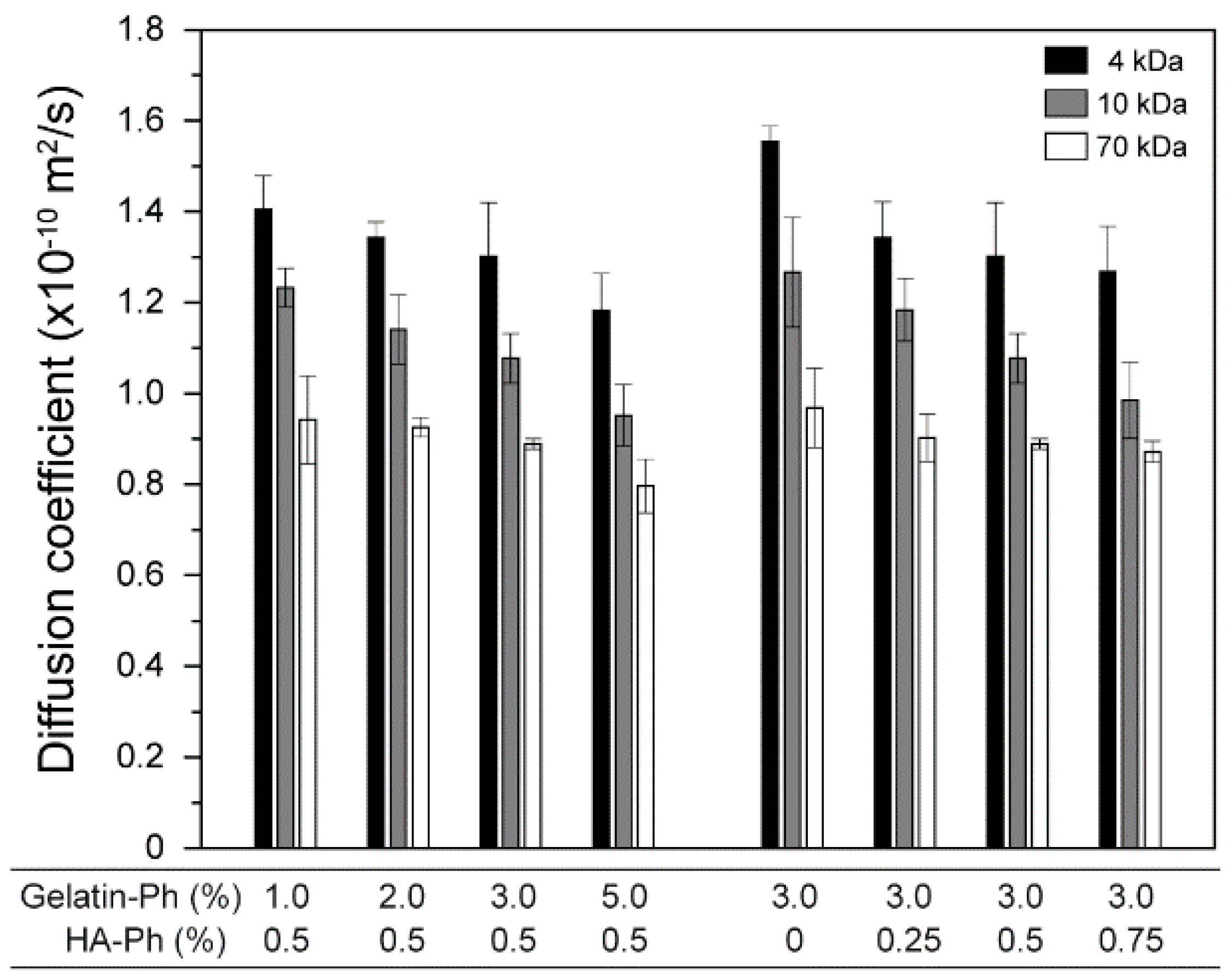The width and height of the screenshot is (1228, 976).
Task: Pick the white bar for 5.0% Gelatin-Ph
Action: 645,666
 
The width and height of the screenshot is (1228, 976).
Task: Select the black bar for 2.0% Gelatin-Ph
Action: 376,541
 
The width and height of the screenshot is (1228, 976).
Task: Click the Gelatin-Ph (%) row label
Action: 131,898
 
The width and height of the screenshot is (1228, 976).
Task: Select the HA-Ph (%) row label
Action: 146,940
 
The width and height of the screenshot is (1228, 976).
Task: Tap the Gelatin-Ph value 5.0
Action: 625,898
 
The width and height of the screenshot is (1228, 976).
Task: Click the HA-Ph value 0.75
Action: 1130,940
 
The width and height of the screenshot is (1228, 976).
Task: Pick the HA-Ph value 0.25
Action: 909,940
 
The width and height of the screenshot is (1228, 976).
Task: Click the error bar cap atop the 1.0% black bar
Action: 263,176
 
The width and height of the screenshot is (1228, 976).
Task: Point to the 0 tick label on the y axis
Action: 154,849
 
